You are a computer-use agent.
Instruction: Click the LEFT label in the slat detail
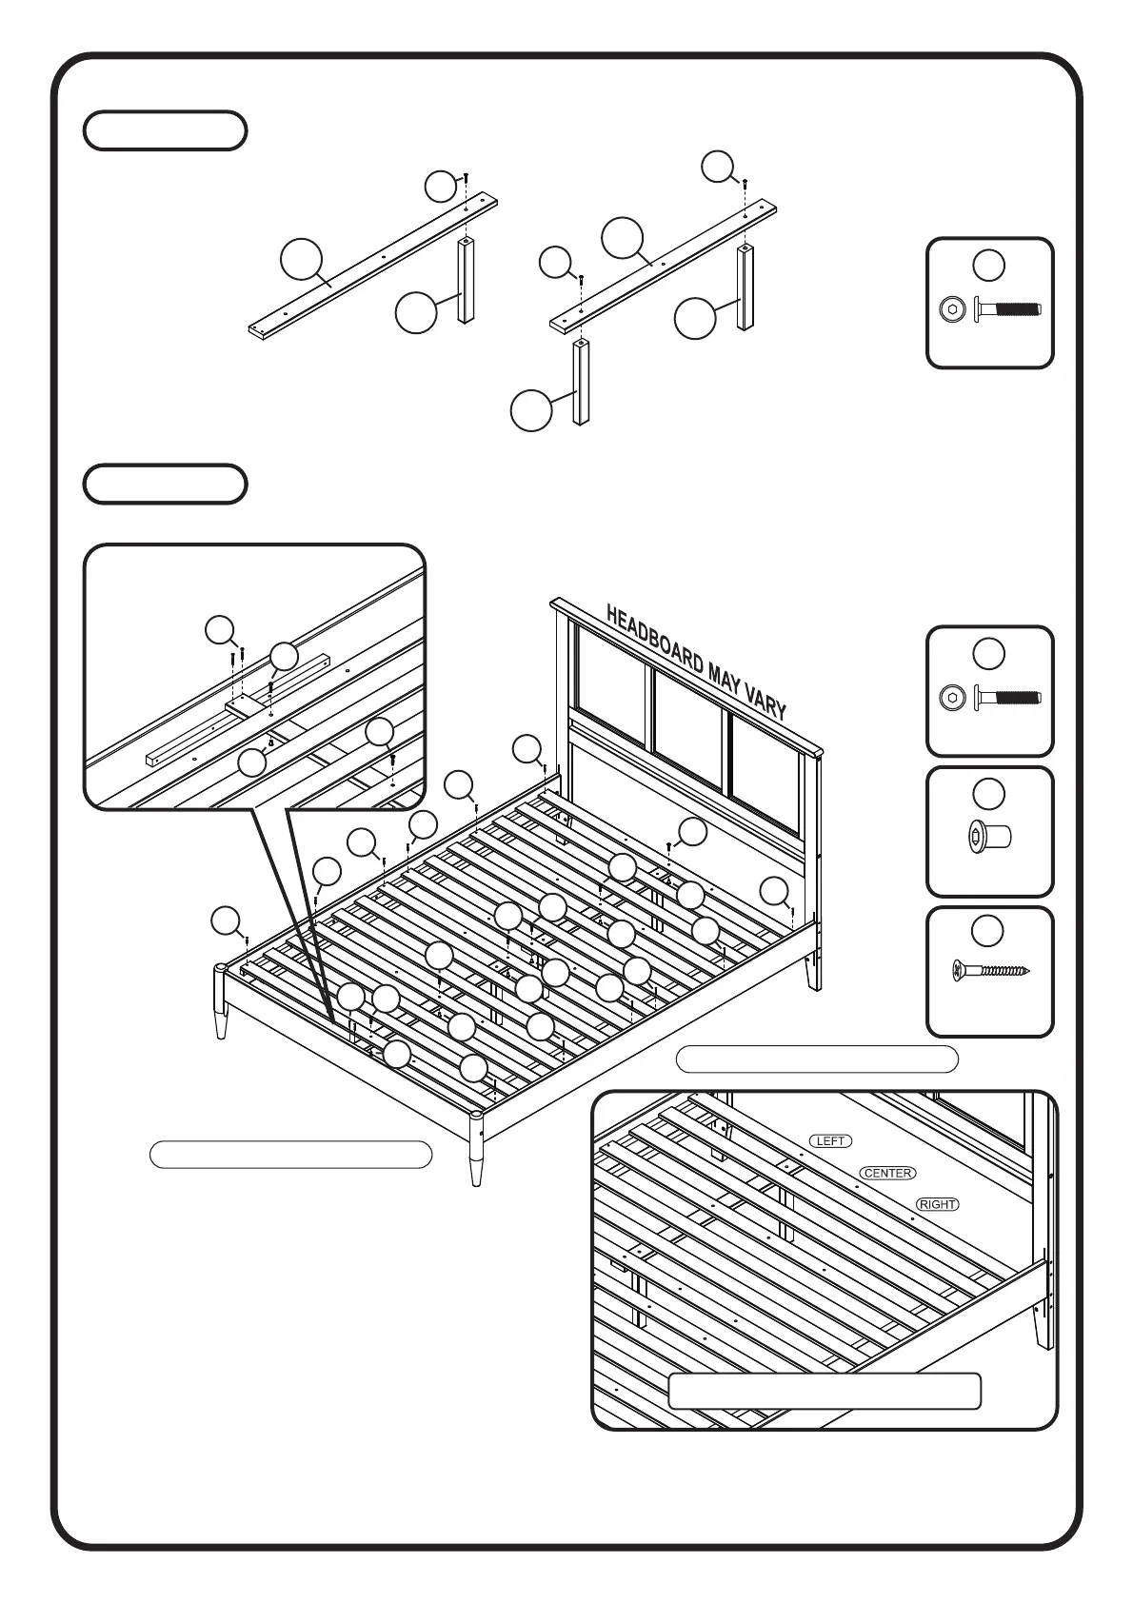point(830,1140)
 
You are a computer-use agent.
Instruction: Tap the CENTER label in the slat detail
point(887,1173)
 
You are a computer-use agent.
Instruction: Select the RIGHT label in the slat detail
point(937,1204)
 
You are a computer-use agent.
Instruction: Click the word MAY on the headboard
point(723,678)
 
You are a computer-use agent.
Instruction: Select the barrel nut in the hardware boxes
point(989,838)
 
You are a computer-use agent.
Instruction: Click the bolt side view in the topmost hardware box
point(1007,309)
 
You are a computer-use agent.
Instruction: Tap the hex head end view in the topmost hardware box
point(951,309)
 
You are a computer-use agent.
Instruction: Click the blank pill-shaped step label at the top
point(166,130)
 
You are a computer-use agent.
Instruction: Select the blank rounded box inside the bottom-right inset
point(825,1391)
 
